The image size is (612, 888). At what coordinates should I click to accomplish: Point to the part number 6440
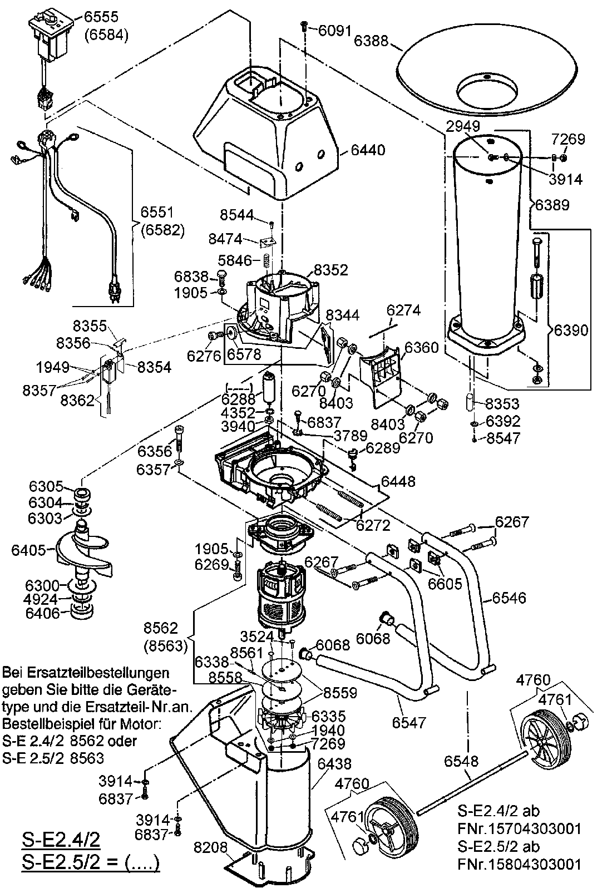[369, 150]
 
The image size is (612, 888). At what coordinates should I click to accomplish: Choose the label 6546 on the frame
[509, 599]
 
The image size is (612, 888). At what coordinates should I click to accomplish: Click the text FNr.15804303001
[520, 865]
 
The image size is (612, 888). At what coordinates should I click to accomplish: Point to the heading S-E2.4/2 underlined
[61, 839]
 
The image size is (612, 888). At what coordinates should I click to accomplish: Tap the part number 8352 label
[330, 270]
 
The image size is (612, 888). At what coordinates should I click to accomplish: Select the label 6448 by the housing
[398, 481]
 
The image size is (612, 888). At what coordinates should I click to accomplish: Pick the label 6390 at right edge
[571, 330]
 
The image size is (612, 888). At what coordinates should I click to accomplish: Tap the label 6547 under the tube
[408, 723]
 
